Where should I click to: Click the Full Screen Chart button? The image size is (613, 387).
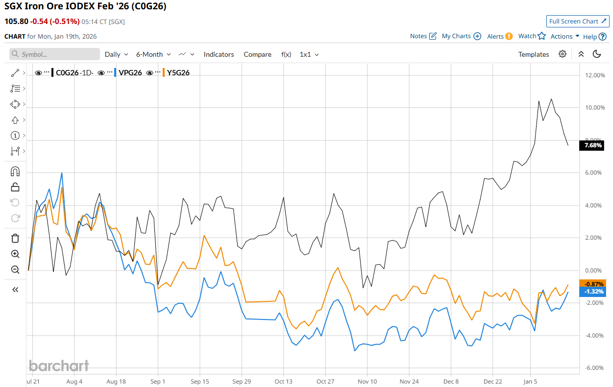(578, 21)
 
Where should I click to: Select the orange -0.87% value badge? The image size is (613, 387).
(592, 284)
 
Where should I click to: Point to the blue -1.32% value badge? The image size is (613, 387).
(592, 292)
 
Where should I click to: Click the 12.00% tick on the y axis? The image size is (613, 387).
(592, 75)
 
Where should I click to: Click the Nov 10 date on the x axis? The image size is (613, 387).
(368, 381)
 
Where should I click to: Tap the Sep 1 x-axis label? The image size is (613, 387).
(158, 381)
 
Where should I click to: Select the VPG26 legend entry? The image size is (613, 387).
(130, 73)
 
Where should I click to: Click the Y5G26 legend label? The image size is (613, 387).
(178, 73)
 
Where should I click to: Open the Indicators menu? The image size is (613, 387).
(219, 54)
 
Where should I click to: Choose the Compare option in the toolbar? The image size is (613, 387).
(257, 54)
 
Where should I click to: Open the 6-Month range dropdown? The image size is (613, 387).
(153, 54)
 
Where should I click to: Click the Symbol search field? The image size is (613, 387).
(54, 54)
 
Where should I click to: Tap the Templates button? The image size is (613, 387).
(534, 54)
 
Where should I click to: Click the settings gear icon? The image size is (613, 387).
(563, 54)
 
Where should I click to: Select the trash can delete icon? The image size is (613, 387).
(15, 238)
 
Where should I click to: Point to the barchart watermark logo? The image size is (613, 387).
(59, 365)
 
